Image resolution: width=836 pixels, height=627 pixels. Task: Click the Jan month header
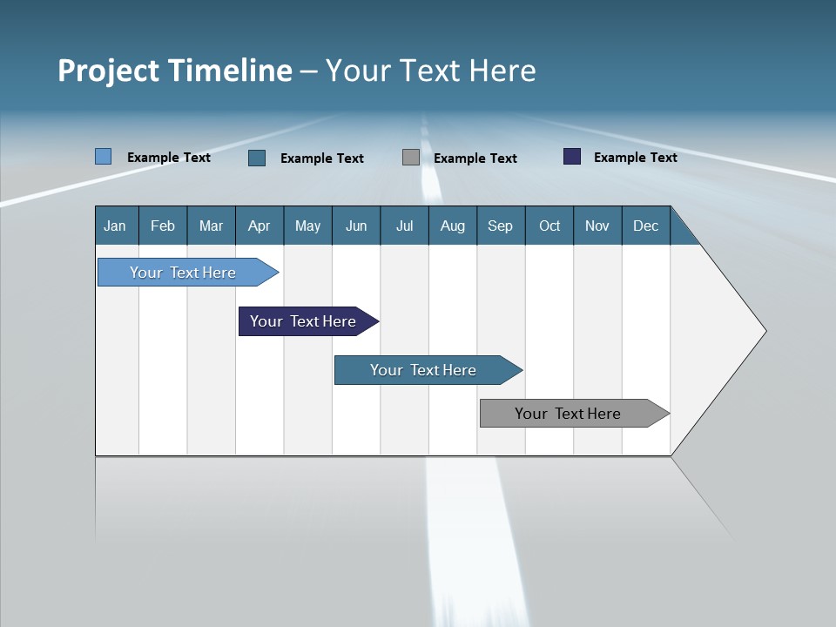[x=116, y=226]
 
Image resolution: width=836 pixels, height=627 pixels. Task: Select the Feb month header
[x=163, y=226]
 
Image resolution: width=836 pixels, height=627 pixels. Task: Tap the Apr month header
[x=260, y=226]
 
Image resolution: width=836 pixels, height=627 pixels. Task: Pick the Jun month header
[x=356, y=226]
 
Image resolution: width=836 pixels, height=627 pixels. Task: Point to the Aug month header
[x=453, y=226]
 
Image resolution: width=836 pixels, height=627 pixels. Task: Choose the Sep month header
[x=501, y=226]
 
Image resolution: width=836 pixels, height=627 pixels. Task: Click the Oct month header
[x=549, y=226]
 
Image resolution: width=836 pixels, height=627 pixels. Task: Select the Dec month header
[x=646, y=226]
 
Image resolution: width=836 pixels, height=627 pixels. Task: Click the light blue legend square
[x=104, y=157]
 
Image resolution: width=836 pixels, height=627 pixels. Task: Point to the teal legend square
[x=257, y=158]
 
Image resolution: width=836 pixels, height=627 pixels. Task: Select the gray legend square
[x=411, y=158]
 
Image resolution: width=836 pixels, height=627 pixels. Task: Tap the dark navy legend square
[x=572, y=157]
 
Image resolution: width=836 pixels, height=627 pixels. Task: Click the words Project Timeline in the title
[x=175, y=71]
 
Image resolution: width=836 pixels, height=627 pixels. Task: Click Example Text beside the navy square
[x=636, y=157]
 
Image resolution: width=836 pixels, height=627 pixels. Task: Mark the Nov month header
[x=597, y=226]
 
